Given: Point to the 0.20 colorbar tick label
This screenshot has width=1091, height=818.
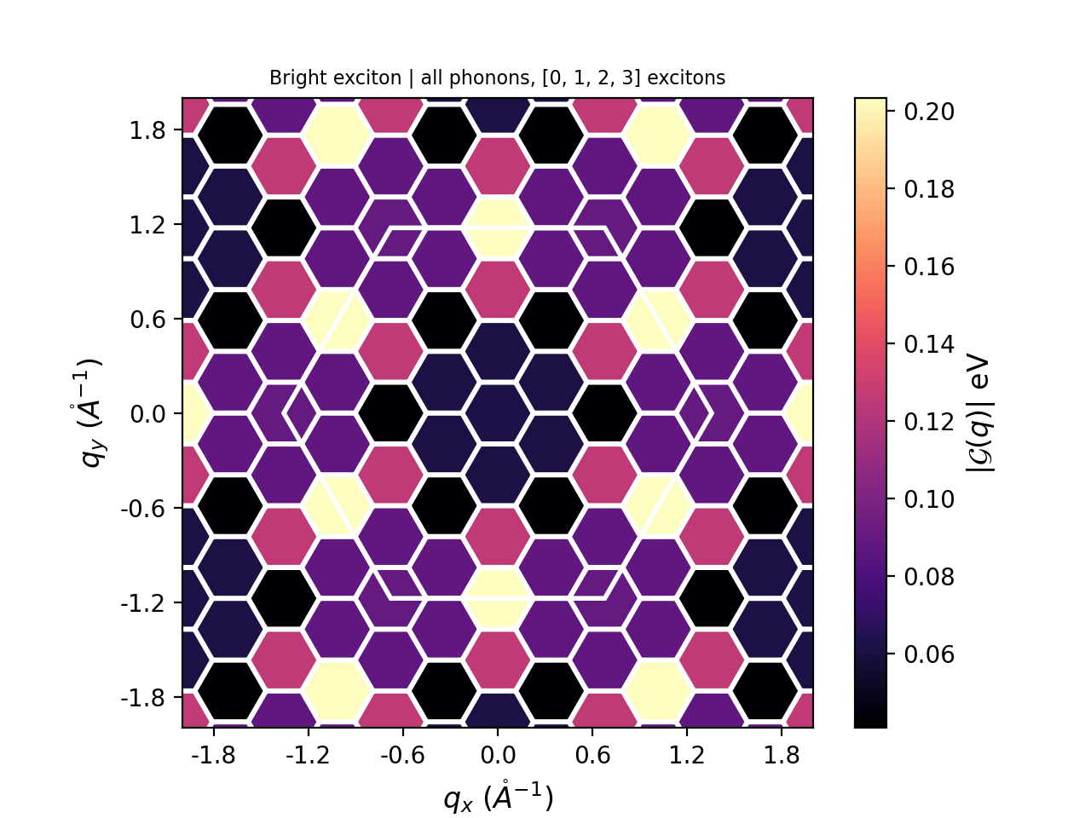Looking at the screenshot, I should coord(929,112).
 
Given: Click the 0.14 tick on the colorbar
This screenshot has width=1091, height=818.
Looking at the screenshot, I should coord(929,344).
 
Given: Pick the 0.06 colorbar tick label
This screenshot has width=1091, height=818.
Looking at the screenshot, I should coord(929,654).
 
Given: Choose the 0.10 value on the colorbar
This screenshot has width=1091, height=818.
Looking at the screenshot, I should coord(929,499).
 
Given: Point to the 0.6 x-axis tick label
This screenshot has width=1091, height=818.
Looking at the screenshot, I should coord(592,756).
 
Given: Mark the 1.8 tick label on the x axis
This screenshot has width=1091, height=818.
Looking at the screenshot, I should coord(782,756).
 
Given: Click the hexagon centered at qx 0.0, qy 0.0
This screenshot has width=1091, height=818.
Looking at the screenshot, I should coord(498,413).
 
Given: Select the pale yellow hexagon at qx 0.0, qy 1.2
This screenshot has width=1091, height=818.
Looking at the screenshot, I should coord(498,227).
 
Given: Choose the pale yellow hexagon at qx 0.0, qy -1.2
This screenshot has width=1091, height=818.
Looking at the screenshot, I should coord(498,598).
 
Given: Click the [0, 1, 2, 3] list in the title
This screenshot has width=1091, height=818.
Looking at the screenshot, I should coord(592,78).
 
